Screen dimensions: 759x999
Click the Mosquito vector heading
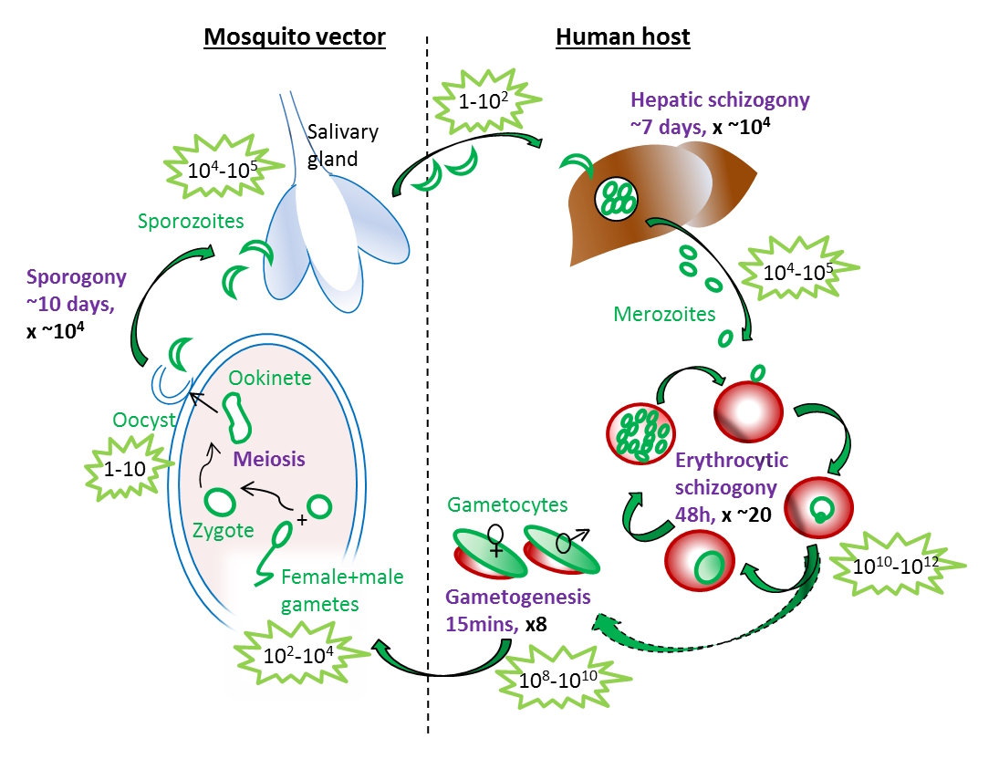[294, 37]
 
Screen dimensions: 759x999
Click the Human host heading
[622, 37]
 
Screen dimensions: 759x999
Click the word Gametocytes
[507, 504]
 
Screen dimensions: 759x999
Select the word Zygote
[222, 531]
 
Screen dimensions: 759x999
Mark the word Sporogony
[65, 277]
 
